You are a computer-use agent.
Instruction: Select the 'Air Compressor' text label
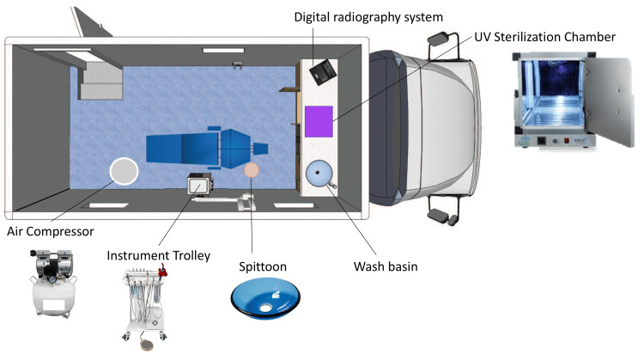(49, 230)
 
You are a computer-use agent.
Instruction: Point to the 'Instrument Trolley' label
(158, 255)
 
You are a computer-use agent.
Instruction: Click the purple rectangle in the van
(319, 120)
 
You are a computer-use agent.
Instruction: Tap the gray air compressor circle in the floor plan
(125, 172)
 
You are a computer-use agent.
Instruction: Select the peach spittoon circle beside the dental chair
(252, 170)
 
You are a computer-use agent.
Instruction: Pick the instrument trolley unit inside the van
(203, 186)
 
